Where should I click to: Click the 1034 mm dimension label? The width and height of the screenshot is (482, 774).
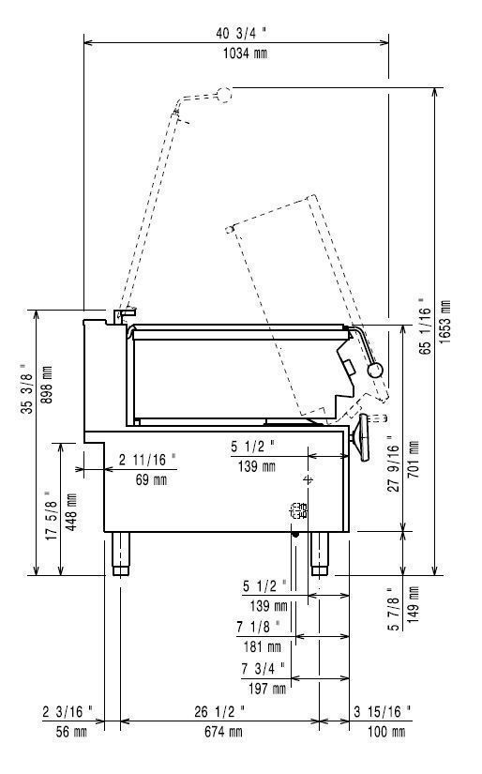pyautogui.click(x=245, y=53)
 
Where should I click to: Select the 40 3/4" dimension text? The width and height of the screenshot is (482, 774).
pyautogui.click(x=241, y=33)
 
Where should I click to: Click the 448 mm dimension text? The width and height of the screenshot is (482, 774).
pyautogui.click(x=70, y=512)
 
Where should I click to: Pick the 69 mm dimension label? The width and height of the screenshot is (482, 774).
pyautogui.click(x=151, y=478)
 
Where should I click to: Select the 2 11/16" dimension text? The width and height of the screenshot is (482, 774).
pyautogui.click(x=147, y=460)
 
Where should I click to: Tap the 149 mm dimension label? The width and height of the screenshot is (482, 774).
pyautogui.click(x=413, y=605)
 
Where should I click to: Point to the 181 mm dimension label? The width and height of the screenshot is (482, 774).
pyautogui.click(x=262, y=645)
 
